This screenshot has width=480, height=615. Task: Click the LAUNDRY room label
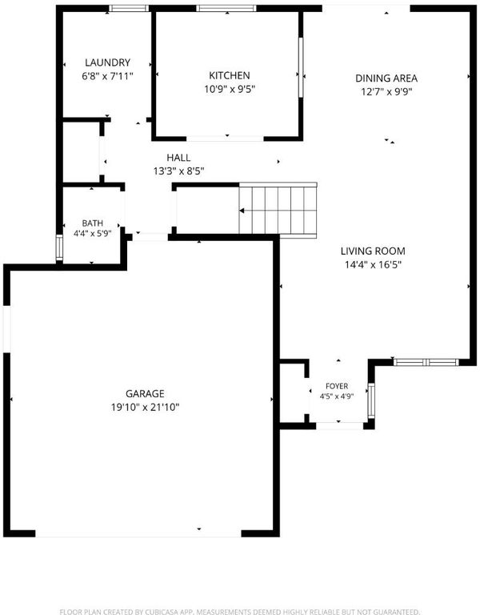(x=107, y=62)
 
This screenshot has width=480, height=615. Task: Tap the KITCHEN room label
(x=230, y=75)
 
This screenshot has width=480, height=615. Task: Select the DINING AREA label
(x=386, y=78)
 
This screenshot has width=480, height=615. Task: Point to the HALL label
(x=178, y=158)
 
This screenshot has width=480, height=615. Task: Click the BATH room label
(x=93, y=223)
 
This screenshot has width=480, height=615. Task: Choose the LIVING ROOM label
(x=373, y=251)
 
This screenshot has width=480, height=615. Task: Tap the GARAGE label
(x=145, y=393)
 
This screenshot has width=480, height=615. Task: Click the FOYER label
(x=337, y=386)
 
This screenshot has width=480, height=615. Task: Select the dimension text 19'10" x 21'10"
(x=145, y=407)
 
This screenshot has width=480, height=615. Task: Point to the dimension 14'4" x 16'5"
(x=373, y=265)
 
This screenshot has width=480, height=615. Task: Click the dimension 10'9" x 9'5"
(x=230, y=89)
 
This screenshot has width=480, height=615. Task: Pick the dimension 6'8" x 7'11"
(x=107, y=76)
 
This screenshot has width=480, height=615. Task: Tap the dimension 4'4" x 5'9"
(x=93, y=233)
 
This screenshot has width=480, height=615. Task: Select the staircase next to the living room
(x=278, y=211)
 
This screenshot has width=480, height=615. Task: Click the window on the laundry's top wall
(x=129, y=8)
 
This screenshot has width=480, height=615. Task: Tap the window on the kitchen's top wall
(x=226, y=8)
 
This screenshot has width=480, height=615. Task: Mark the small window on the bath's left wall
(x=59, y=247)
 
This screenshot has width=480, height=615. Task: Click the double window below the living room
(x=426, y=362)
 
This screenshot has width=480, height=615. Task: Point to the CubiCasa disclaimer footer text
(x=240, y=612)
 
